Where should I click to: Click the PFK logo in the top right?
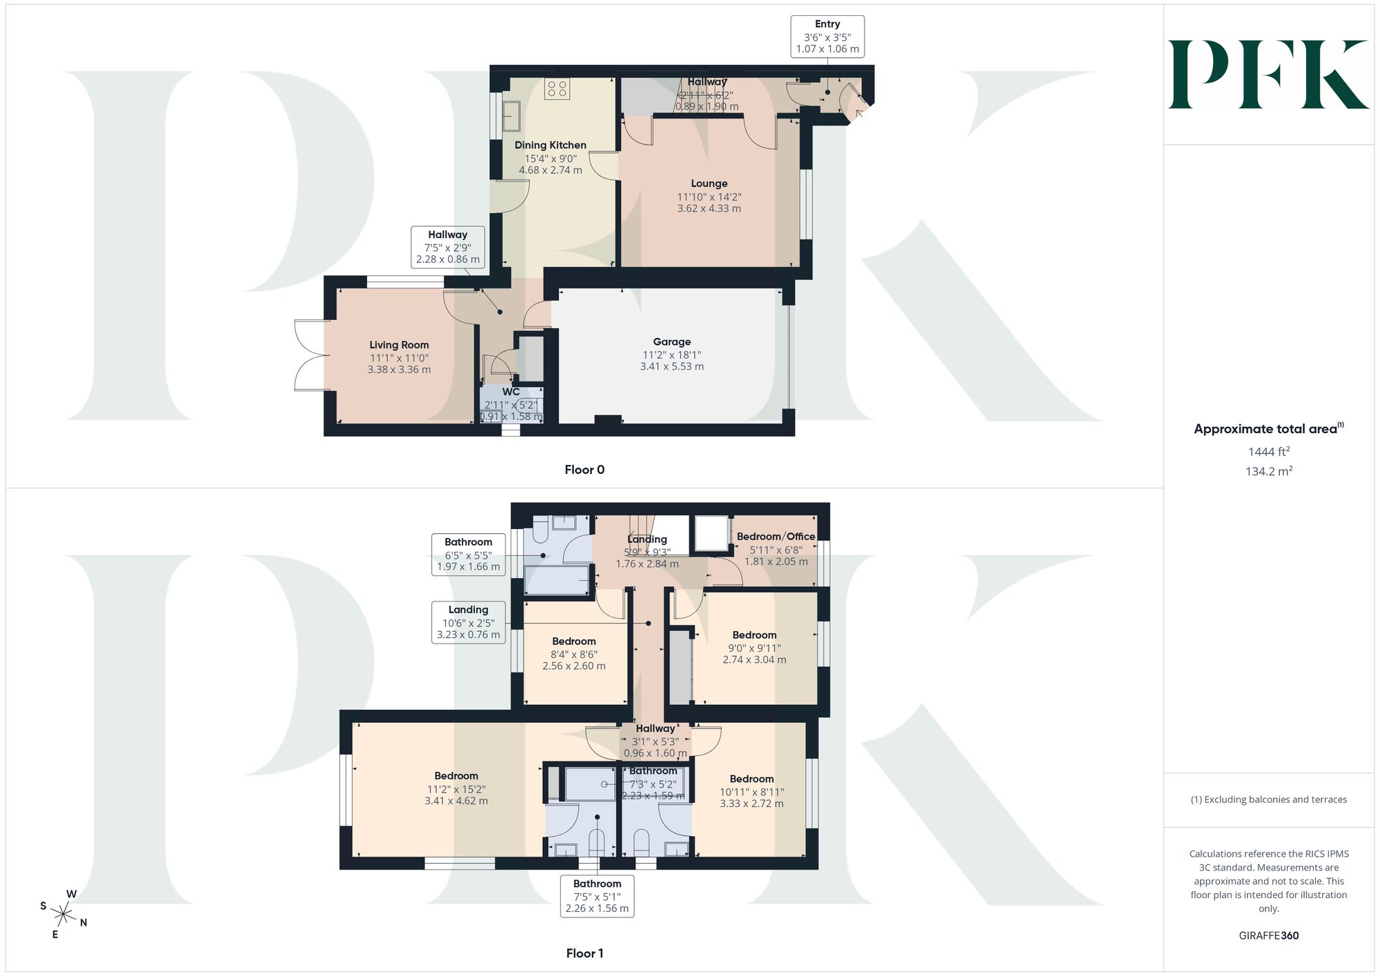coord(1268,74)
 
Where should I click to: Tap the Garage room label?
coord(672,342)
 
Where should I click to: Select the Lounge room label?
coord(709,183)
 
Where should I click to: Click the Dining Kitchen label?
coord(551,145)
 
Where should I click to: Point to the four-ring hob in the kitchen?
coord(558,88)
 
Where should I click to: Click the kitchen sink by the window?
coord(511,116)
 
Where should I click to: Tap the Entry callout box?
coord(827,36)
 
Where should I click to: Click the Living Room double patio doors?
coord(310,355)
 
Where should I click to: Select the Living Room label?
coord(399,345)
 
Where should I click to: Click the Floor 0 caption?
coord(584,470)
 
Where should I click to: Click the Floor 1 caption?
coord(584,953)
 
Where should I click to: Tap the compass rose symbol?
coord(63,915)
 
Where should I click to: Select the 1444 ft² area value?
coord(1269,452)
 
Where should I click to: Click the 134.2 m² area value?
coord(1269,472)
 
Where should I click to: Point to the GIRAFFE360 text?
coord(1269,936)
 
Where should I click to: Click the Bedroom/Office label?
coord(776,537)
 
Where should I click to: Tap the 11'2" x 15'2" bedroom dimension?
coord(456,789)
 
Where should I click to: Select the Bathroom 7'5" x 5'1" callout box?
coord(597,896)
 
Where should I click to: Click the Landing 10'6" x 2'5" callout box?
coord(469,622)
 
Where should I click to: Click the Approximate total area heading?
coord(1269,428)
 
